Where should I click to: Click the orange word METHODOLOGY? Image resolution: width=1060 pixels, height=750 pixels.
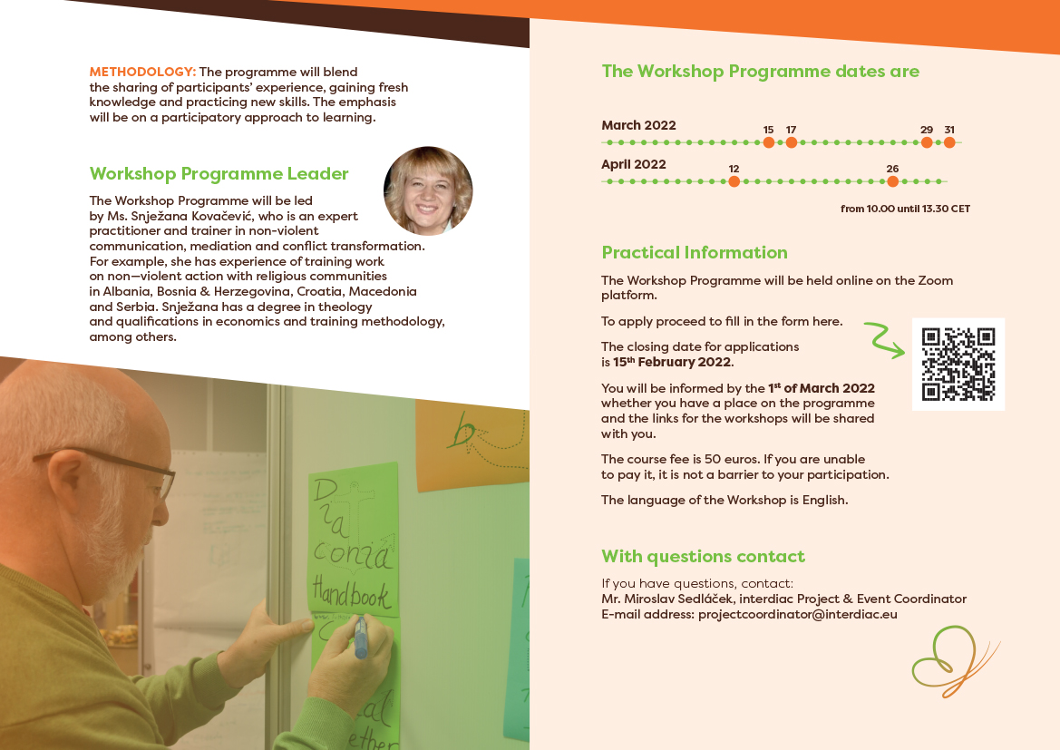click(142, 72)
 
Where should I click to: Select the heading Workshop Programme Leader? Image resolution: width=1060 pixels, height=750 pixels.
click(219, 174)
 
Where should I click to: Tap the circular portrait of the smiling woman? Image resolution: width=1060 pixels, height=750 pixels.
click(428, 190)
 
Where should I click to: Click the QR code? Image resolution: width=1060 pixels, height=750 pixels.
click(958, 364)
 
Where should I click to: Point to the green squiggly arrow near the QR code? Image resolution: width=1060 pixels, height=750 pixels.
click(882, 339)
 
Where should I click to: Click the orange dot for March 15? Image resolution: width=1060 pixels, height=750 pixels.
click(769, 142)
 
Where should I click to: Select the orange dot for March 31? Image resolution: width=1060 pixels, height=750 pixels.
click(949, 142)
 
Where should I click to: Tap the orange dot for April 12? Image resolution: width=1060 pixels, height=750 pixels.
click(734, 181)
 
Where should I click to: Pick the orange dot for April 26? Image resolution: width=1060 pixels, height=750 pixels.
click(893, 181)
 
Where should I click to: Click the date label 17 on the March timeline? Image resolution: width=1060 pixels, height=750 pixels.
click(791, 130)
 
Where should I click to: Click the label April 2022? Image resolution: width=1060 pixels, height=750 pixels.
click(634, 164)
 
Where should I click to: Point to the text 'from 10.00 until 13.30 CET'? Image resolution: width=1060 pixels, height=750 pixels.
click(905, 209)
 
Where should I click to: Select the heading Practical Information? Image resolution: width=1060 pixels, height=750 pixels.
click(695, 252)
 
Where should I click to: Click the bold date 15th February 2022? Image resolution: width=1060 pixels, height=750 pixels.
click(672, 362)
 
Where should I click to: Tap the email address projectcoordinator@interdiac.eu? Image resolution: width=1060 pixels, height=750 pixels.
click(798, 615)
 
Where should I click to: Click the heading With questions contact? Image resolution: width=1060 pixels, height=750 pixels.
click(703, 557)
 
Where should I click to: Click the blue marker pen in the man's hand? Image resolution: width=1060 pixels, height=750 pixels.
click(360, 637)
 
